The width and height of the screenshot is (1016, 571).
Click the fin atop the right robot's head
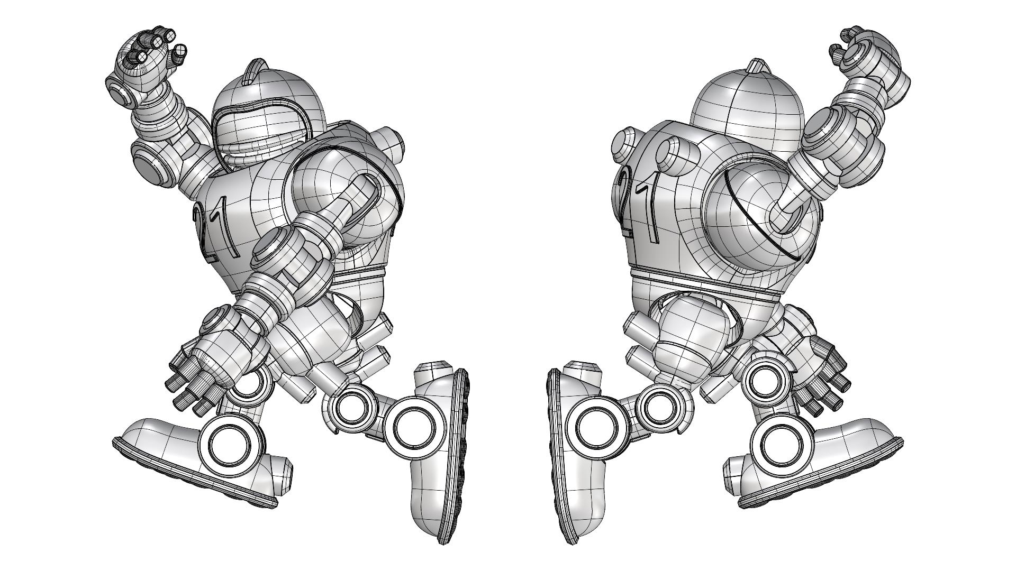click(755, 68)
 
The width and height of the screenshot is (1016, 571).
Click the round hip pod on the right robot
click(688, 336)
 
